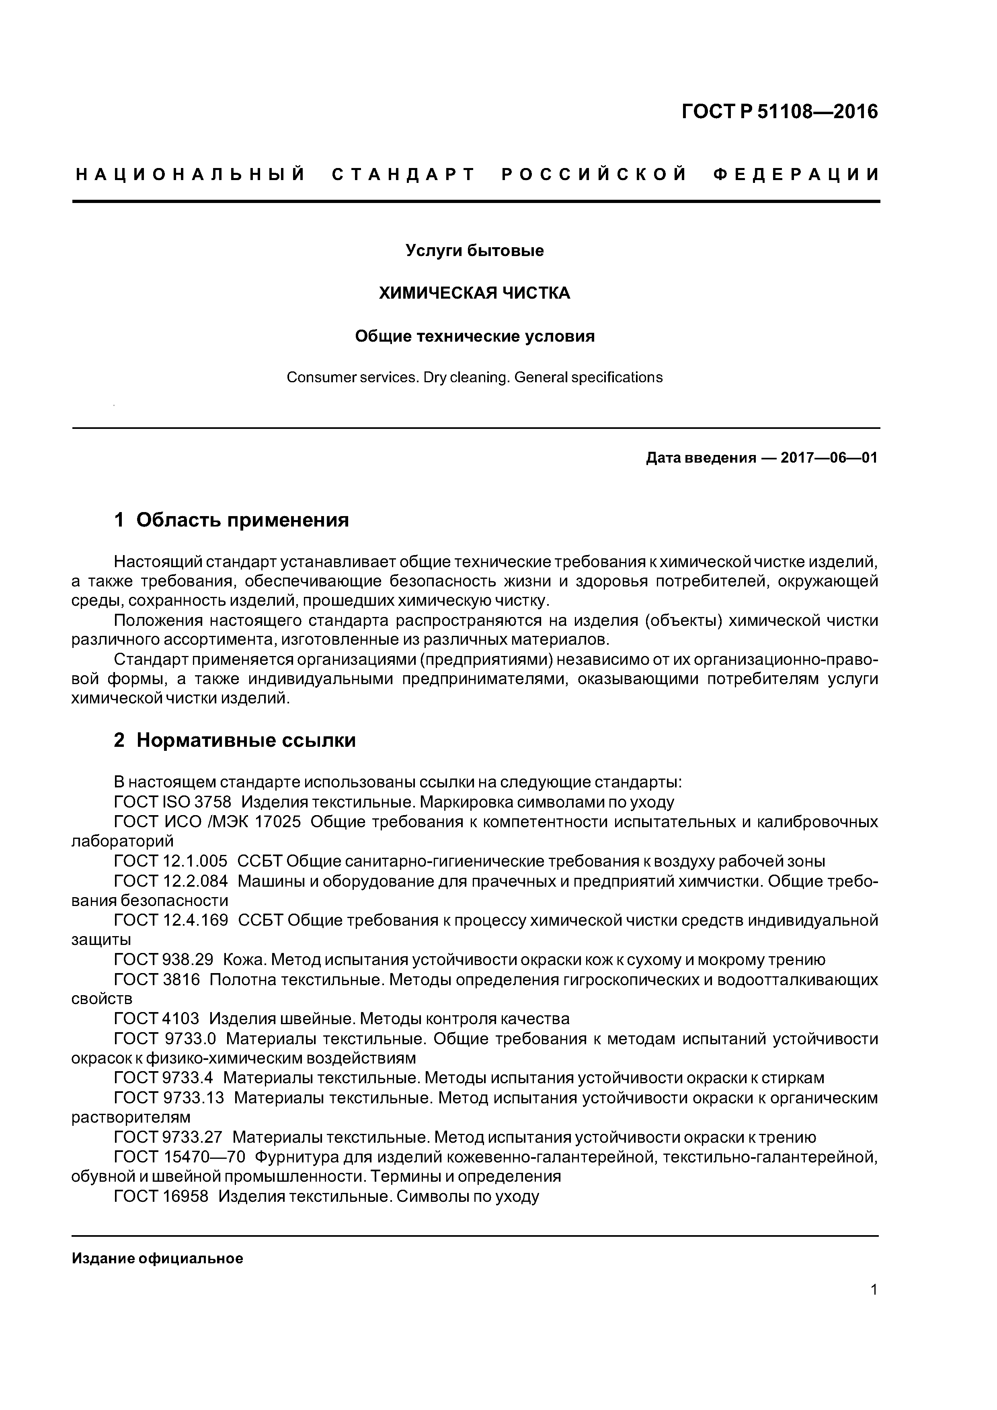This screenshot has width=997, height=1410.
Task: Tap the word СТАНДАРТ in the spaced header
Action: pyautogui.click(x=404, y=175)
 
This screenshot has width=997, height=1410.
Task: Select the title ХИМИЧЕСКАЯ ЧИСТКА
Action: pyautogui.click(x=474, y=293)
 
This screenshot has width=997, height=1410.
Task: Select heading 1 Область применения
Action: pyautogui.click(x=231, y=520)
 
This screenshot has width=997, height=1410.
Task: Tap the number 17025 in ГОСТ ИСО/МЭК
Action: pyautogui.click(x=278, y=822)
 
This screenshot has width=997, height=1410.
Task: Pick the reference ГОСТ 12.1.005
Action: pyautogui.click(x=170, y=862)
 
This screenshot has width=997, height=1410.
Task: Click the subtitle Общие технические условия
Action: pyautogui.click(x=474, y=336)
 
